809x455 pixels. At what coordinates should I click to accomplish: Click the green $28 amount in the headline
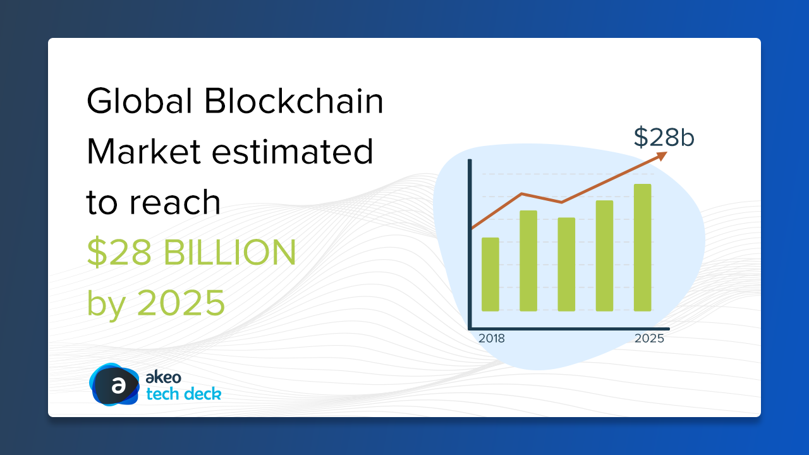tap(119, 252)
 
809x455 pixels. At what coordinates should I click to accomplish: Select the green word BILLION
tap(229, 252)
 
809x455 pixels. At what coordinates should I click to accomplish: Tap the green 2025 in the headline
tap(181, 302)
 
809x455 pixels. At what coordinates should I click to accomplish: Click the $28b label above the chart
tap(664, 137)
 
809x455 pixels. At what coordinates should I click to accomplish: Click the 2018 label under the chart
tap(492, 338)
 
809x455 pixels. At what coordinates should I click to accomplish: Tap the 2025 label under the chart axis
tap(649, 338)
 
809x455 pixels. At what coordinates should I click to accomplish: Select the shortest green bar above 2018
tap(490, 274)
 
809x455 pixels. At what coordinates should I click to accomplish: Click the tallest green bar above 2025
tap(643, 248)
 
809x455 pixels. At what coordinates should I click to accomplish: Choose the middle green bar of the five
tap(566, 264)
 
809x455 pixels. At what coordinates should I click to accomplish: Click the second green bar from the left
tap(528, 261)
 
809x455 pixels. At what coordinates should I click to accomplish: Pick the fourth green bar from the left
tap(605, 256)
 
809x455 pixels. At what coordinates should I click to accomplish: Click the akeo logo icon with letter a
tap(114, 384)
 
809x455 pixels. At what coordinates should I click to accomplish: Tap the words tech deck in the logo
tap(183, 394)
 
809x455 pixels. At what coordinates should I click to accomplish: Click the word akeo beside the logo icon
tap(163, 377)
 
